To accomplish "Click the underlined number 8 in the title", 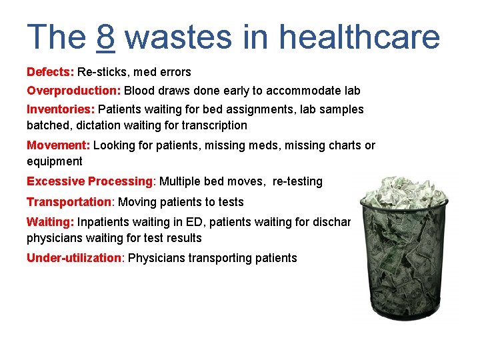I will (106, 37).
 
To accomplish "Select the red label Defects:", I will (50, 72).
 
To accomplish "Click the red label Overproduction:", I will (73, 90).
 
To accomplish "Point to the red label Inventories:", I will (61, 109).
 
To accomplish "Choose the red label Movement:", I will (59, 145).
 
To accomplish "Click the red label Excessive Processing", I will (89, 181).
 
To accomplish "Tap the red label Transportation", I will (69, 202).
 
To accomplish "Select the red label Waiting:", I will (50, 222).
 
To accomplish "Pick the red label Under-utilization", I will (74, 258).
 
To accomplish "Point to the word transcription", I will (214, 125).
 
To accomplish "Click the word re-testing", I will (297, 181).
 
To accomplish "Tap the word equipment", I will (55, 161).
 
